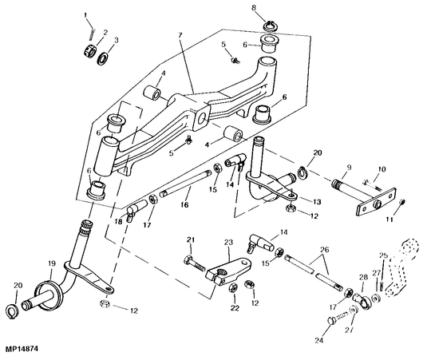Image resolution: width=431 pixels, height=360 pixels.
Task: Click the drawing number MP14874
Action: [19, 349]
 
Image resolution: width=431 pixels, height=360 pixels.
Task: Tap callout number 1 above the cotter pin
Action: [85, 15]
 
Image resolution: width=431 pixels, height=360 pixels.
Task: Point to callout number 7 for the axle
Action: [180, 35]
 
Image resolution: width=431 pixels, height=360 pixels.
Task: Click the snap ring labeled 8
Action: [271, 26]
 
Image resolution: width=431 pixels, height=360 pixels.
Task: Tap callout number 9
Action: [349, 167]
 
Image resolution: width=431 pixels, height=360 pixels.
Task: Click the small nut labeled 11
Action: [401, 202]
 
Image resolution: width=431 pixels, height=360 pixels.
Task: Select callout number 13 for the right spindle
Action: [317, 202]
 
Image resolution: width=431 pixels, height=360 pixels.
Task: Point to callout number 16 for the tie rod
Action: [184, 204]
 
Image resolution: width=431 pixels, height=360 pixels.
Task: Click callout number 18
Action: [119, 221]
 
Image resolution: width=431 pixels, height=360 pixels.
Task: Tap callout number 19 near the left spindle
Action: [52, 264]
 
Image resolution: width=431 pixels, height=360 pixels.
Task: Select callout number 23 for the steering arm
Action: [229, 243]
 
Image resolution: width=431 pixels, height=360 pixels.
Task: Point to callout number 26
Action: [324, 250]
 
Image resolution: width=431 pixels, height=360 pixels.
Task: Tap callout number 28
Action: [363, 278]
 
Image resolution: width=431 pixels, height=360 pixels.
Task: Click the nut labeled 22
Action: [234, 288]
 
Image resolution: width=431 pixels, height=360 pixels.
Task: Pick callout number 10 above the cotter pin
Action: [382, 169]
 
